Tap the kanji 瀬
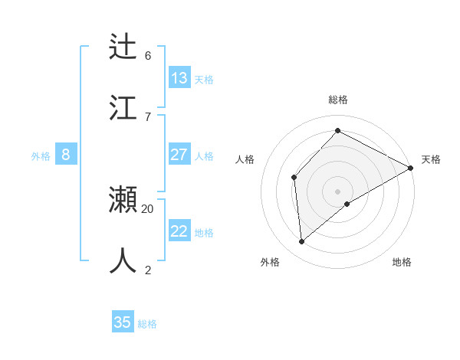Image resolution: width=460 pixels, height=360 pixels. [x=123, y=200]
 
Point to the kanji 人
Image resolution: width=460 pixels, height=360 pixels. [x=123, y=260]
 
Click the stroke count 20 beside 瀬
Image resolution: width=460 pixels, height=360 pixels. [x=147, y=208]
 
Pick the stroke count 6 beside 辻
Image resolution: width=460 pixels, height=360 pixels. [x=147, y=55]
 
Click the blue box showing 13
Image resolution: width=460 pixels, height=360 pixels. [x=179, y=77]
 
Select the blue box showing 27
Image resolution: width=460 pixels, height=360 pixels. [x=179, y=155]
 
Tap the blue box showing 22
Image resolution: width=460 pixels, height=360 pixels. [x=179, y=231]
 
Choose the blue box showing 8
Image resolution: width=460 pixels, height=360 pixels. [x=65, y=155]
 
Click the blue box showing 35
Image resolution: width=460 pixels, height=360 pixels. [x=123, y=322]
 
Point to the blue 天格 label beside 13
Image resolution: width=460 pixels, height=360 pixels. [x=203, y=79]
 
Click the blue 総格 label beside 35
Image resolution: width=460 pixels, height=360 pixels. [x=147, y=324]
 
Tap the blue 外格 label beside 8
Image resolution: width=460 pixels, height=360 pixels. [x=41, y=156]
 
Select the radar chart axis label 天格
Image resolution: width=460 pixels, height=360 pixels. [x=431, y=159]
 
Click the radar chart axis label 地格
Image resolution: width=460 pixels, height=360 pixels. [x=402, y=262]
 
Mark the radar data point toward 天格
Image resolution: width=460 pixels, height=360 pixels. [x=411, y=168]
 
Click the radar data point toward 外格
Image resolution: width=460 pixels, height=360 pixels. [x=302, y=241]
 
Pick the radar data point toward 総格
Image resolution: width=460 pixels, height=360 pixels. [x=337, y=131]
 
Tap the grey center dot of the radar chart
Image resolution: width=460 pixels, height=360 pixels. [x=337, y=190]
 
